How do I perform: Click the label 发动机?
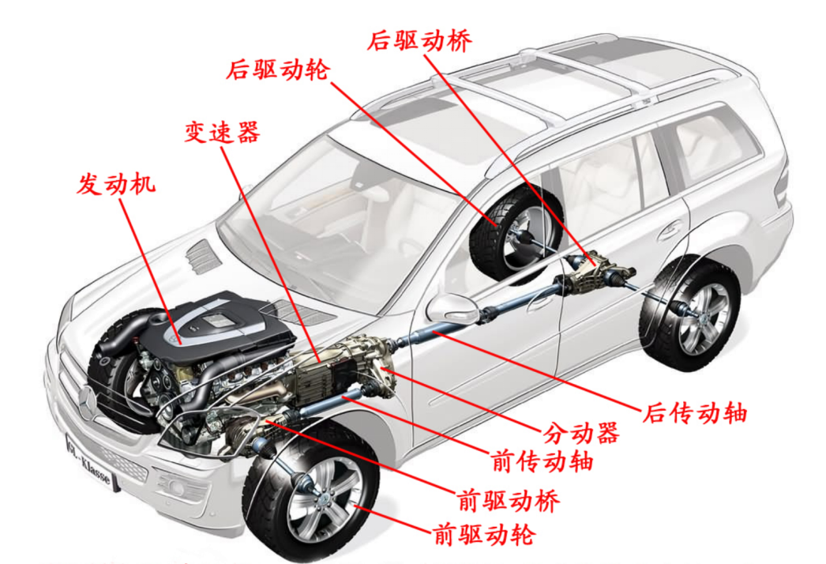pos(116,184)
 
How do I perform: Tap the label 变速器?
pos(222,131)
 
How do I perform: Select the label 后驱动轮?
pos(278,70)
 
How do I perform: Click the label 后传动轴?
pos(695,412)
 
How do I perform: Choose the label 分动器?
pos(580,433)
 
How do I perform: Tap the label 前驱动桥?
pos(509,501)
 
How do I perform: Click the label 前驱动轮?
pos(484,535)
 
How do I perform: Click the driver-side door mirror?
pos(449,308)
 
